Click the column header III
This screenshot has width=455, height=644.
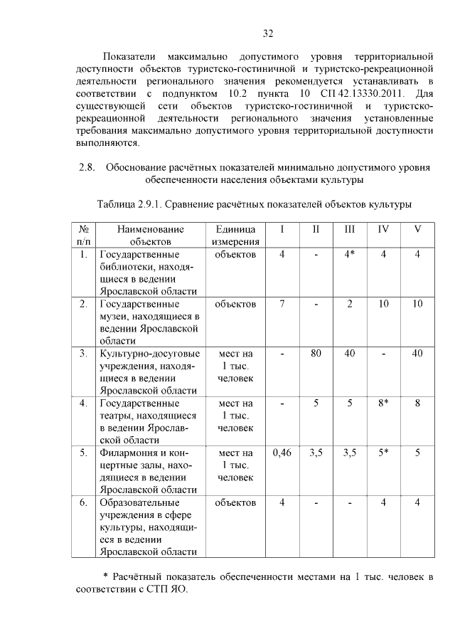pyautogui.click(x=350, y=229)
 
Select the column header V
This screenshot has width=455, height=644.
pyautogui.click(x=417, y=229)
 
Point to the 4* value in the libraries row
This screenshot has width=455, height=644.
pyautogui.click(x=350, y=254)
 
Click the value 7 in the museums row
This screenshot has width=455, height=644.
pyautogui.click(x=282, y=304)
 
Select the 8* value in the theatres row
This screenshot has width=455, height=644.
pyautogui.click(x=383, y=403)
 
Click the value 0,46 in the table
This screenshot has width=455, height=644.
pyautogui.click(x=282, y=453)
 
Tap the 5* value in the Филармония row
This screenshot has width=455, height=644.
pyautogui.click(x=383, y=453)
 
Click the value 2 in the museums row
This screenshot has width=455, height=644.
pyautogui.click(x=350, y=304)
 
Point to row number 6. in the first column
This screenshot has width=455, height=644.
pyautogui.click(x=83, y=502)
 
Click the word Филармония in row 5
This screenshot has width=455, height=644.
pyautogui.click(x=131, y=453)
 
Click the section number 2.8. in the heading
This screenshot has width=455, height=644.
pyautogui.click(x=87, y=168)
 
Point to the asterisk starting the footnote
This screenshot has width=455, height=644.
pyautogui.click(x=105, y=574)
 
